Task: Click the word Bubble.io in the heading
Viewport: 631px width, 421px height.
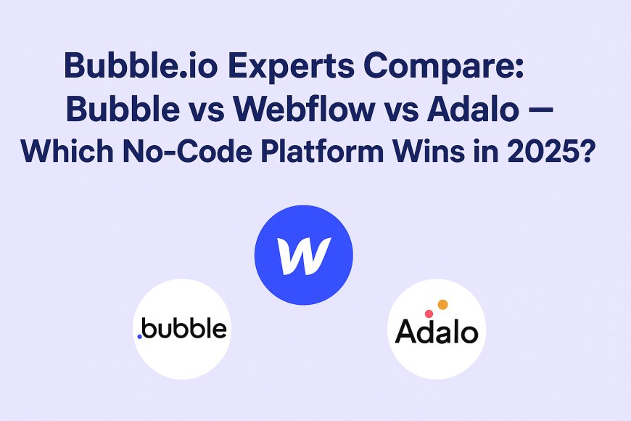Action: tap(141, 65)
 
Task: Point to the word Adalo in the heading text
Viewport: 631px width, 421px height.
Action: tap(472, 109)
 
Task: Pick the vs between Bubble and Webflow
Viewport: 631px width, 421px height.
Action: tap(207, 113)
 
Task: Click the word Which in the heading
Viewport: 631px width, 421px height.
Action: tap(67, 151)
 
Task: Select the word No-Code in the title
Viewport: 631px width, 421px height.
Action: tap(187, 151)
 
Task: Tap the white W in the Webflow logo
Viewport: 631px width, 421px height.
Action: tap(304, 256)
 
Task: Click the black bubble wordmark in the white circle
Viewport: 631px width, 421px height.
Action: tap(184, 328)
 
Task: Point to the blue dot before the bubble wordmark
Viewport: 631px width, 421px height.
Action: tap(140, 336)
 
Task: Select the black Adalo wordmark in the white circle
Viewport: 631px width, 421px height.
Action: tap(437, 331)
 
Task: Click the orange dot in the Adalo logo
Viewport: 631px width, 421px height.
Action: tap(442, 305)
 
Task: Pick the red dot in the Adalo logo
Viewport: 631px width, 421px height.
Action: tap(429, 314)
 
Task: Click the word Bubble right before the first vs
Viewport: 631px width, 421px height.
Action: tap(123, 109)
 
